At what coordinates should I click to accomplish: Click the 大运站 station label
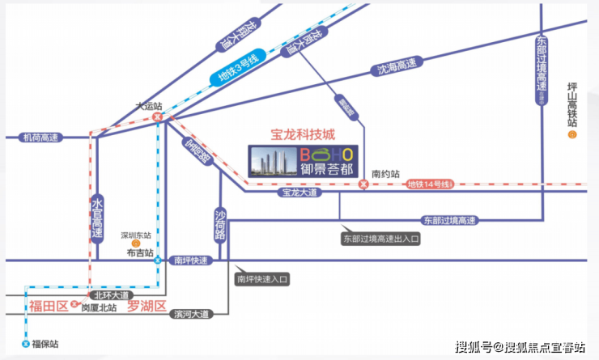click(x=148, y=106)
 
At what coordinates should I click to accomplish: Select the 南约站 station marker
click(x=363, y=185)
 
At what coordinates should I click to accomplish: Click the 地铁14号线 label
click(x=429, y=185)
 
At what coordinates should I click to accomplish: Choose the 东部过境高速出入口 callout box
click(x=382, y=239)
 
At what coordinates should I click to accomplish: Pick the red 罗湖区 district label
click(x=147, y=306)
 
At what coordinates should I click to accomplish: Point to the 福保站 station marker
click(x=26, y=344)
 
